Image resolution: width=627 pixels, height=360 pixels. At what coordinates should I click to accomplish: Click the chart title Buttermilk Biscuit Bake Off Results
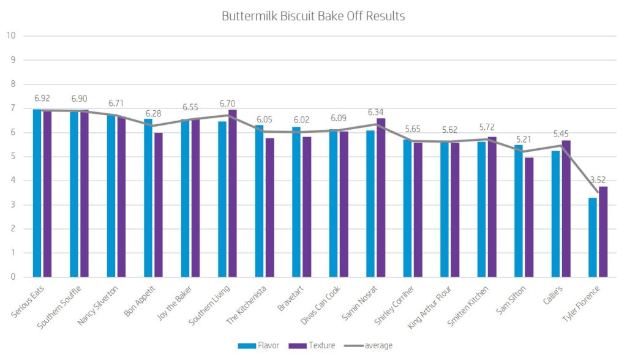313,17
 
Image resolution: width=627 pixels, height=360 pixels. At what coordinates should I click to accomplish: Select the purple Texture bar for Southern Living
233,193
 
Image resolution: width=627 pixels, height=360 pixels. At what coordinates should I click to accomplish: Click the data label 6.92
42,98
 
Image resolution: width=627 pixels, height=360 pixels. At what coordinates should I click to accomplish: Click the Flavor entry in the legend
261,345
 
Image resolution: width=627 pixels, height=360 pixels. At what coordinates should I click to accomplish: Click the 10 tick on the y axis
10,36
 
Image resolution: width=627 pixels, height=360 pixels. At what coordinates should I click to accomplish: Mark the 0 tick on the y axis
12,277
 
